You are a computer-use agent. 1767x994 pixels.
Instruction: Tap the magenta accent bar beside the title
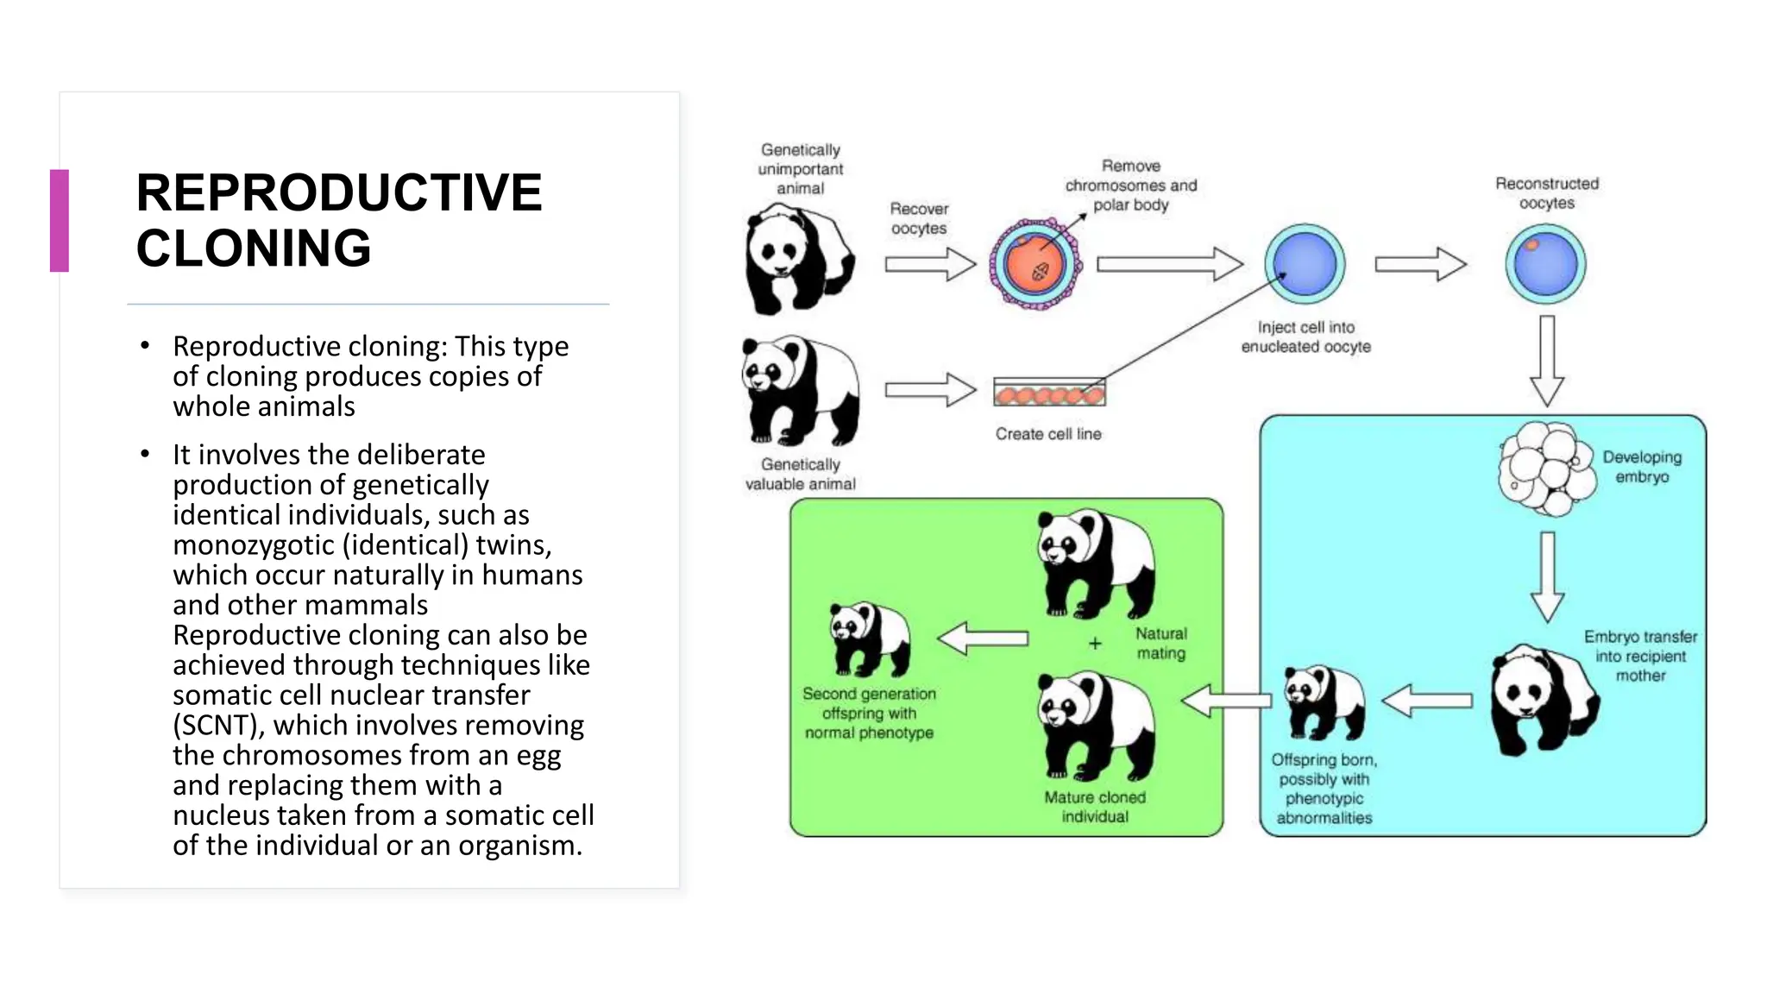click(x=60, y=221)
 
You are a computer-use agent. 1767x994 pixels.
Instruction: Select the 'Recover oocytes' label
click(x=919, y=218)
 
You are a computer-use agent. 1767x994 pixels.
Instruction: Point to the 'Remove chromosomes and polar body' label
click(x=1130, y=185)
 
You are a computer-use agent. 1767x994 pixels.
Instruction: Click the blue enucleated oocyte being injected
click(x=1305, y=263)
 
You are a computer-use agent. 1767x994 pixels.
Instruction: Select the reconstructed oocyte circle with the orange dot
click(x=1545, y=263)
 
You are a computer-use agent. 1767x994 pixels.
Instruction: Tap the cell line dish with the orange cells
click(x=1049, y=393)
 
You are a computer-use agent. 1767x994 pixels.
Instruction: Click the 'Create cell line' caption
click(x=1048, y=434)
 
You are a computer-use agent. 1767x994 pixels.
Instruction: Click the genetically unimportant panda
click(x=798, y=259)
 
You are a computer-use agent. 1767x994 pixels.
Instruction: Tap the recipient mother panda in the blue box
click(x=1544, y=699)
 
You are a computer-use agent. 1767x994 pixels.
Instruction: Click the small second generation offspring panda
click(x=869, y=639)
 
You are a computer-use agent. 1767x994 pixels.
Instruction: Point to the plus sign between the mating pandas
click(x=1095, y=644)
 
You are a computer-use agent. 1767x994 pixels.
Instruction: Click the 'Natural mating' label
click(x=1160, y=644)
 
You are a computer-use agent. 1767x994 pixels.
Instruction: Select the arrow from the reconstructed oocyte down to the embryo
click(x=1547, y=360)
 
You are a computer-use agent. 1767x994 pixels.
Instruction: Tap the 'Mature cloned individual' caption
click(x=1094, y=807)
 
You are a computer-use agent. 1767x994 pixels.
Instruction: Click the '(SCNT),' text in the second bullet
click(x=219, y=726)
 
